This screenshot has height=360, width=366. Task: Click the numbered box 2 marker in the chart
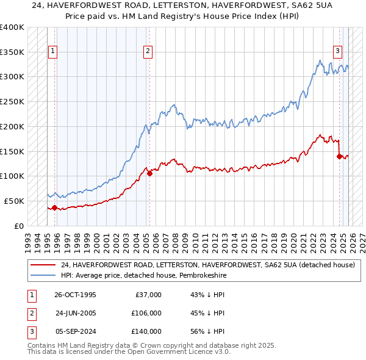pos(148,52)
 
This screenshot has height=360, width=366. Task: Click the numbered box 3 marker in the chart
pos(337,52)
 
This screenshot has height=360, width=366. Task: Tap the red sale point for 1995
pos(54,207)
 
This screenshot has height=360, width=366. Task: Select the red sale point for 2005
pos(149,173)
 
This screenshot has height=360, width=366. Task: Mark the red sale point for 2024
pos(339,156)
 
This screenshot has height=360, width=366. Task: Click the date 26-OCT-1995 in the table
pos(75,295)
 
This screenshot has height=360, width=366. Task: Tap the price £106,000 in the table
pos(146,313)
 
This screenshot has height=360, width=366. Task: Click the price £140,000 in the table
pos(146,331)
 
